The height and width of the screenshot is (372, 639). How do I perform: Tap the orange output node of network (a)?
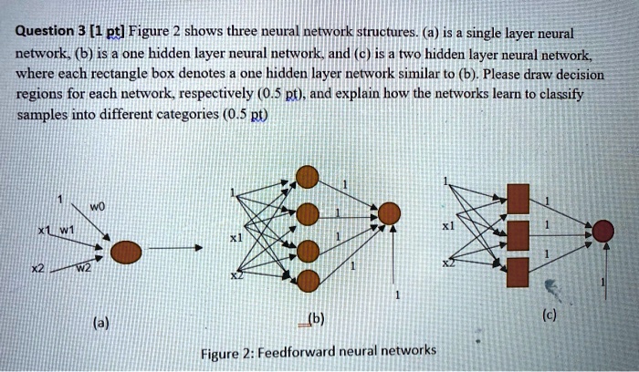127,252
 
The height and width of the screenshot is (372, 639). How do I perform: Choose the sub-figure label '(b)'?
315,318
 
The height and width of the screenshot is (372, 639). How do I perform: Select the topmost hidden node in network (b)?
309,176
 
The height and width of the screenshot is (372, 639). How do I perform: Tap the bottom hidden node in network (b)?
309,279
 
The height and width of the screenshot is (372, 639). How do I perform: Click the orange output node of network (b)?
390,214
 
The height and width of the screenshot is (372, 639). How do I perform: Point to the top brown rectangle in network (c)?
518,198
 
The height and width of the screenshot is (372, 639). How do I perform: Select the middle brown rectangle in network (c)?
518,234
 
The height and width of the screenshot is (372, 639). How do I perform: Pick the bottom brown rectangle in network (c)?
518,271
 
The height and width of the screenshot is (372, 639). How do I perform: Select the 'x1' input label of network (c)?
447,224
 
